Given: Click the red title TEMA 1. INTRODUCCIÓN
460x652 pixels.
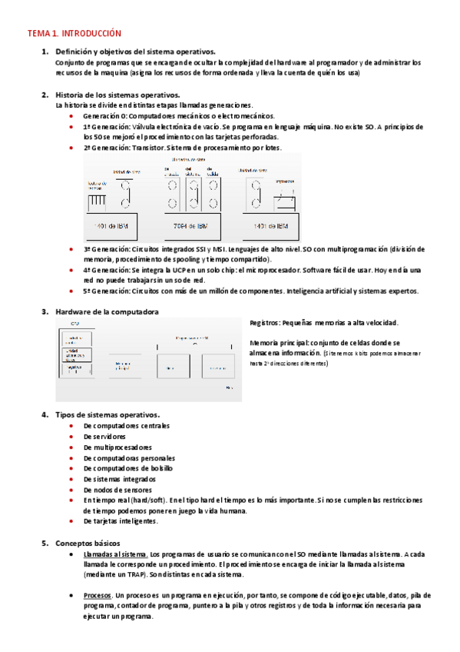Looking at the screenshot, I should (74, 34).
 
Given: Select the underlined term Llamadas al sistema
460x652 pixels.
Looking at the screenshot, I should (115, 554).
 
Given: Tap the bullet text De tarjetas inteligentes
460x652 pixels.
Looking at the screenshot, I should (121, 521).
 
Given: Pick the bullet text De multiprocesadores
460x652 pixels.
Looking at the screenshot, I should (117, 447).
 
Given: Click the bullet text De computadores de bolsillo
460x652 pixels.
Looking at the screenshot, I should (127, 468).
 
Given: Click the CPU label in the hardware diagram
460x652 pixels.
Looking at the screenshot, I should (65, 324).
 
